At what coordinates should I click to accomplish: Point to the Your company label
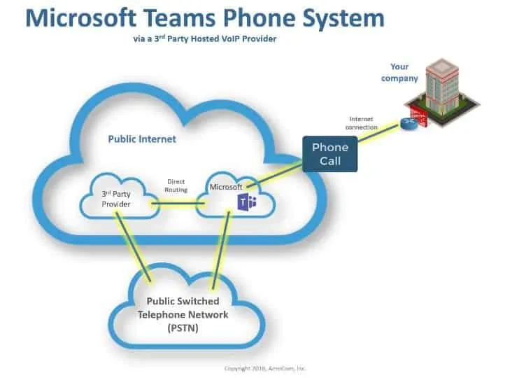(399, 73)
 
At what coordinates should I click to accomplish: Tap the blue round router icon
(407, 125)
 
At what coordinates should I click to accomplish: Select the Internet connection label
(364, 123)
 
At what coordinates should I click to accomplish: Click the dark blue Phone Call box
(330, 153)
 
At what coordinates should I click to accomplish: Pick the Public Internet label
(142, 139)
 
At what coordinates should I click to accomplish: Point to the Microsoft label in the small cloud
(226, 187)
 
